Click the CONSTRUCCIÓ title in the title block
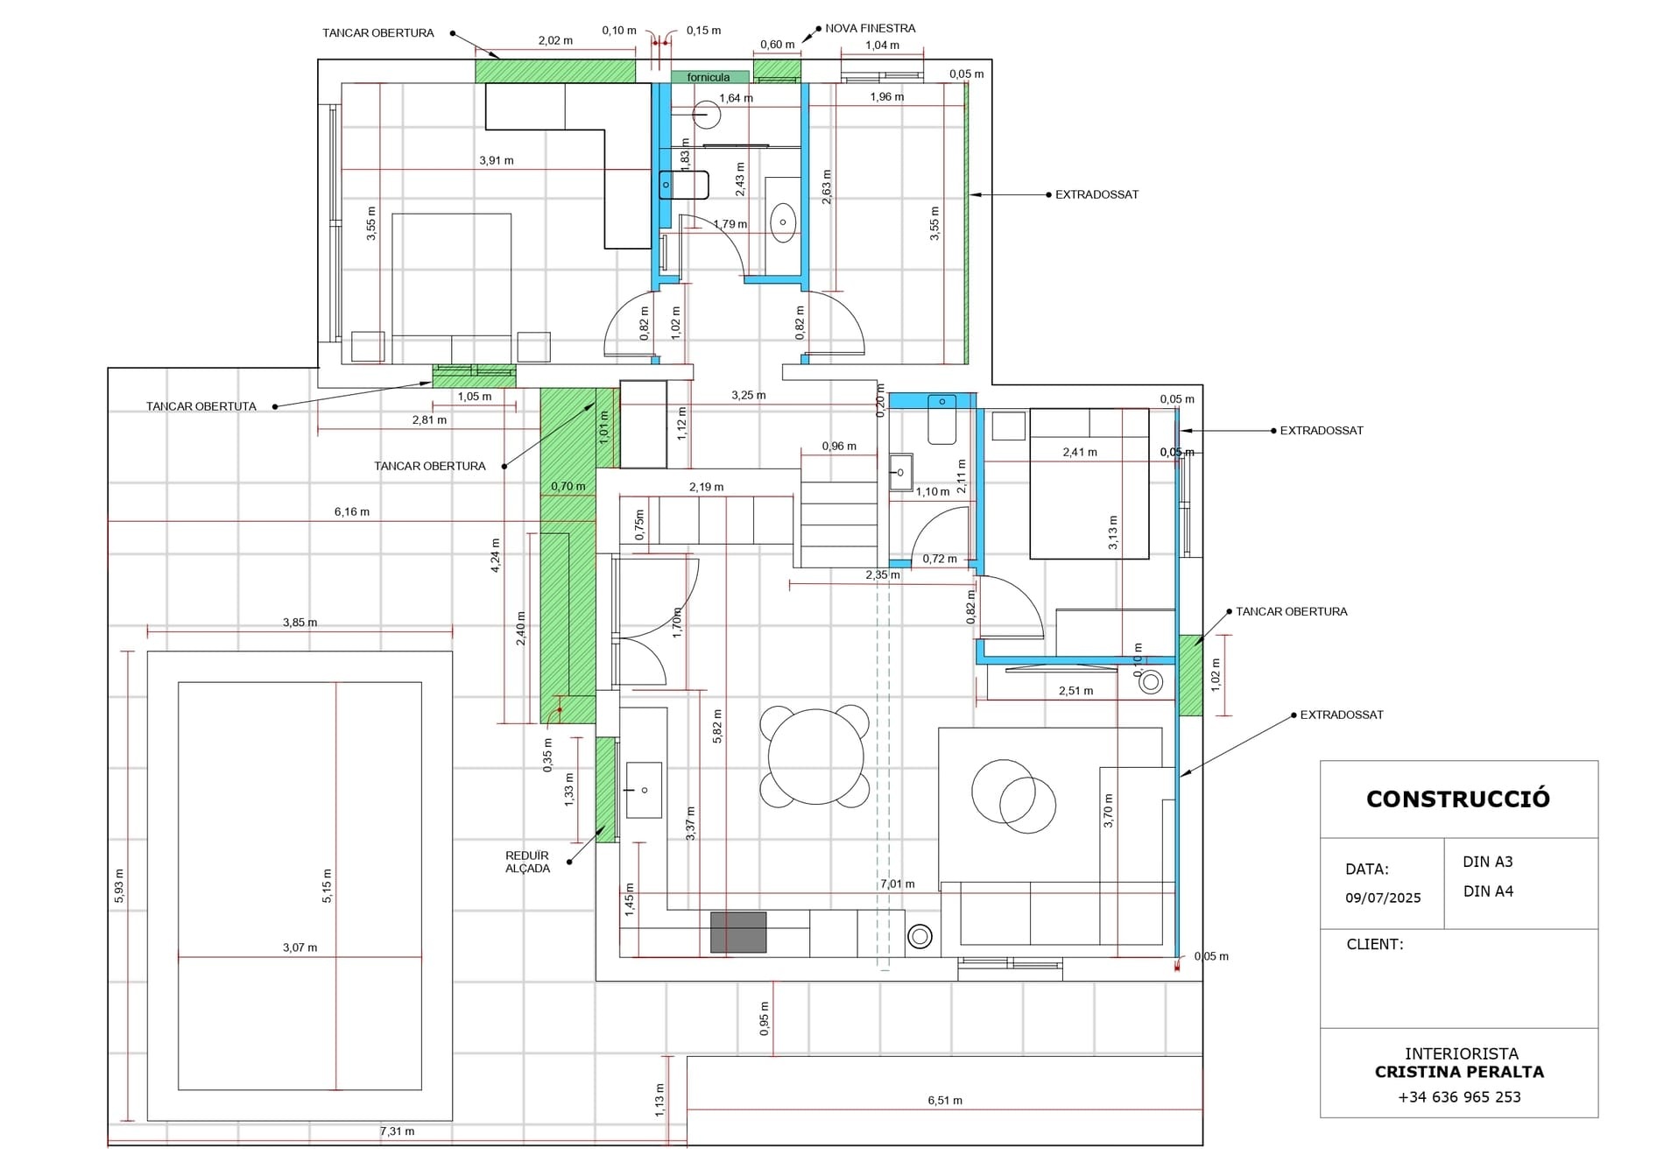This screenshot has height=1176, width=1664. click(1457, 799)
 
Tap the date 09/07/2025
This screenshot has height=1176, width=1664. click(1383, 898)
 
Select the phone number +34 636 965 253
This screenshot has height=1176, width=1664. click(1459, 1097)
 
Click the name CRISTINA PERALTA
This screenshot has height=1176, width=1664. click(1459, 1072)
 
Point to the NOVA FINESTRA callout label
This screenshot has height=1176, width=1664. click(870, 28)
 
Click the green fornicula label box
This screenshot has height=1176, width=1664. click(710, 77)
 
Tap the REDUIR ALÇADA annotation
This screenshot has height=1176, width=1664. click(527, 862)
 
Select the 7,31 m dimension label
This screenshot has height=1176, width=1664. click(397, 1131)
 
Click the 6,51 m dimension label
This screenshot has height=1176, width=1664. click(945, 1101)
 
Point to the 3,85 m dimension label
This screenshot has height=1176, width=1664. click(300, 623)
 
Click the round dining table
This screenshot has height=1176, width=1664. click(815, 757)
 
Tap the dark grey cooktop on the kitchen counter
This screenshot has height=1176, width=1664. click(738, 932)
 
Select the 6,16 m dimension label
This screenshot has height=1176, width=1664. click(352, 511)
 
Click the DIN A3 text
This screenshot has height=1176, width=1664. click(1488, 862)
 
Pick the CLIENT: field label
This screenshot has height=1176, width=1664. click(1375, 944)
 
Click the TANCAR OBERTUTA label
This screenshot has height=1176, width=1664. click(201, 406)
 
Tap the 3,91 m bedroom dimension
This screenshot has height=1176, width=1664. click(497, 160)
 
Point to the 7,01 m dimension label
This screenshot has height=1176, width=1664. click(898, 884)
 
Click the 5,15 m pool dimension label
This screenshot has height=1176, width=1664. click(328, 885)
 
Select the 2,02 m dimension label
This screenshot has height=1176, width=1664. click(555, 40)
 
